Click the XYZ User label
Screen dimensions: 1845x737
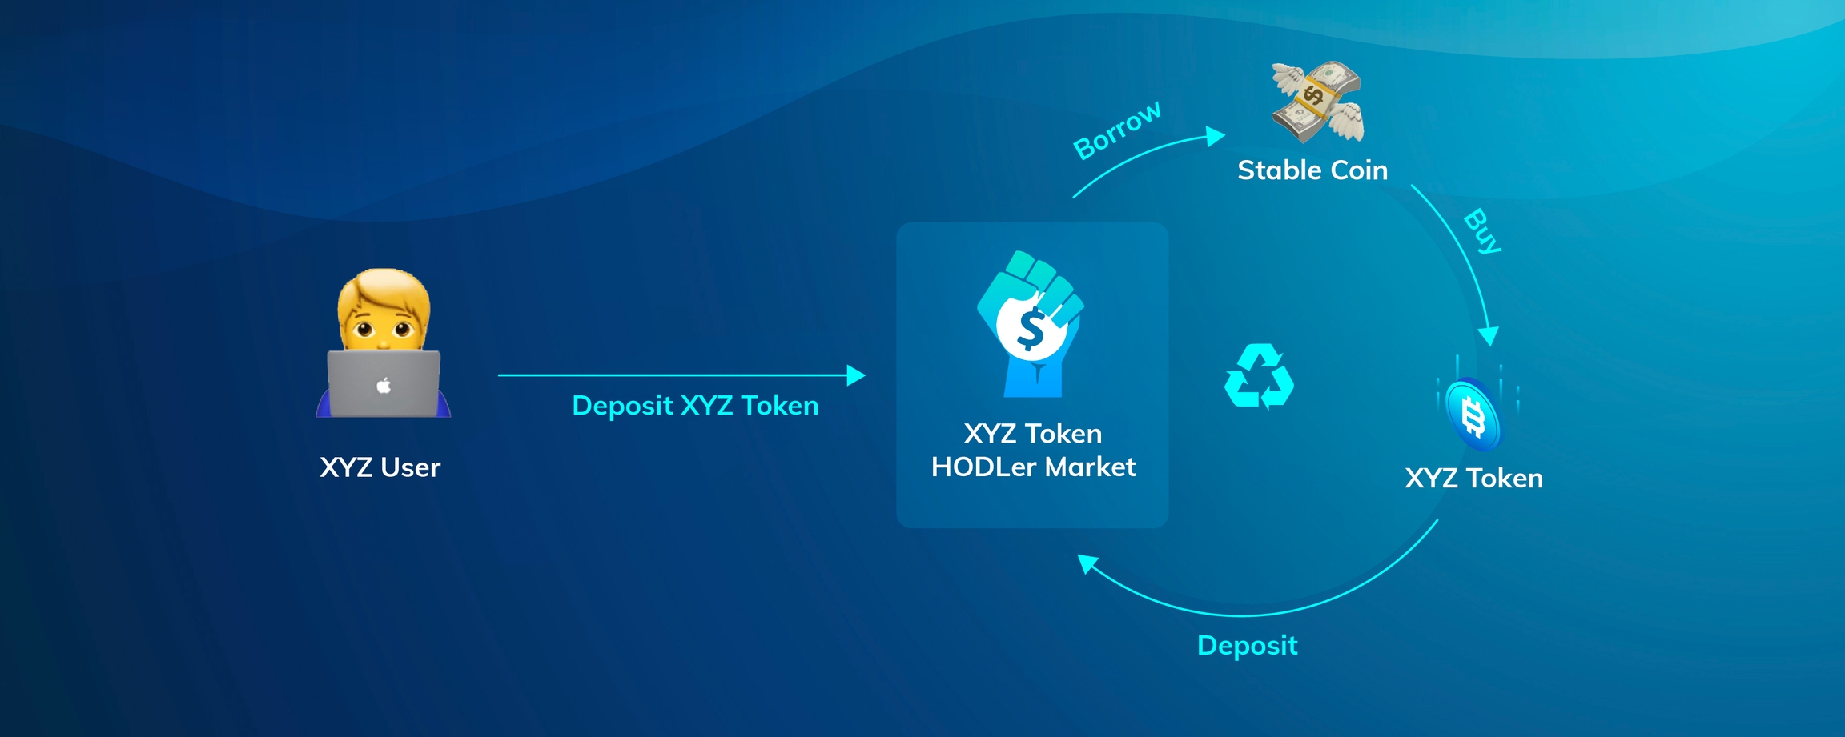pos(380,467)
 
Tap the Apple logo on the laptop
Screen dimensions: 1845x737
pos(384,386)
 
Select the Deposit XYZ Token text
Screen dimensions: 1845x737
pos(695,406)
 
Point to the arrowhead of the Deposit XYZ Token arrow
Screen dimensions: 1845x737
pos(856,375)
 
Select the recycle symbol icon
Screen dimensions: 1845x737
pos(1259,377)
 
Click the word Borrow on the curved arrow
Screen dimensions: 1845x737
pos(1117,130)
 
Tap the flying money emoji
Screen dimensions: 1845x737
pos(1318,102)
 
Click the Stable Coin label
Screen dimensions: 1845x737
pos(1312,170)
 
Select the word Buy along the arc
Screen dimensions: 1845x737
pos(1483,230)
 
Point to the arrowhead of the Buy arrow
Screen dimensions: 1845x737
pos(1489,336)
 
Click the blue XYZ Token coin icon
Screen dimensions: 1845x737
pos(1474,415)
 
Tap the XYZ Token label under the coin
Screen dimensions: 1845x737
pos(1473,479)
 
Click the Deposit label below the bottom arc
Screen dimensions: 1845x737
pos(1247,646)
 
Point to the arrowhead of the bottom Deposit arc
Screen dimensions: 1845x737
pos(1087,563)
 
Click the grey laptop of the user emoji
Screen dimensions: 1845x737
pos(384,384)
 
